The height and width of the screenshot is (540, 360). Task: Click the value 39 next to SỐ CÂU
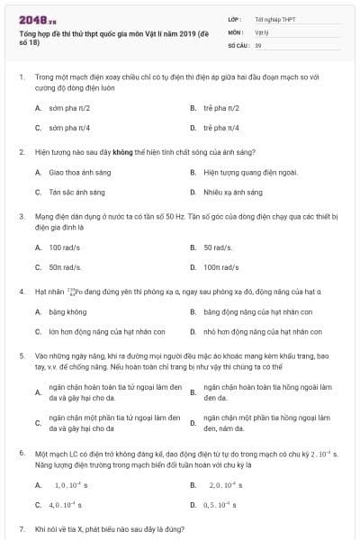pos(258,44)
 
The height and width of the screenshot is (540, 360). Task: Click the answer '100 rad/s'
pos(65,247)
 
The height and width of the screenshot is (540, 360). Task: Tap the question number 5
pos(21,355)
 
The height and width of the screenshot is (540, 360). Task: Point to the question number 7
pos(21,528)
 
